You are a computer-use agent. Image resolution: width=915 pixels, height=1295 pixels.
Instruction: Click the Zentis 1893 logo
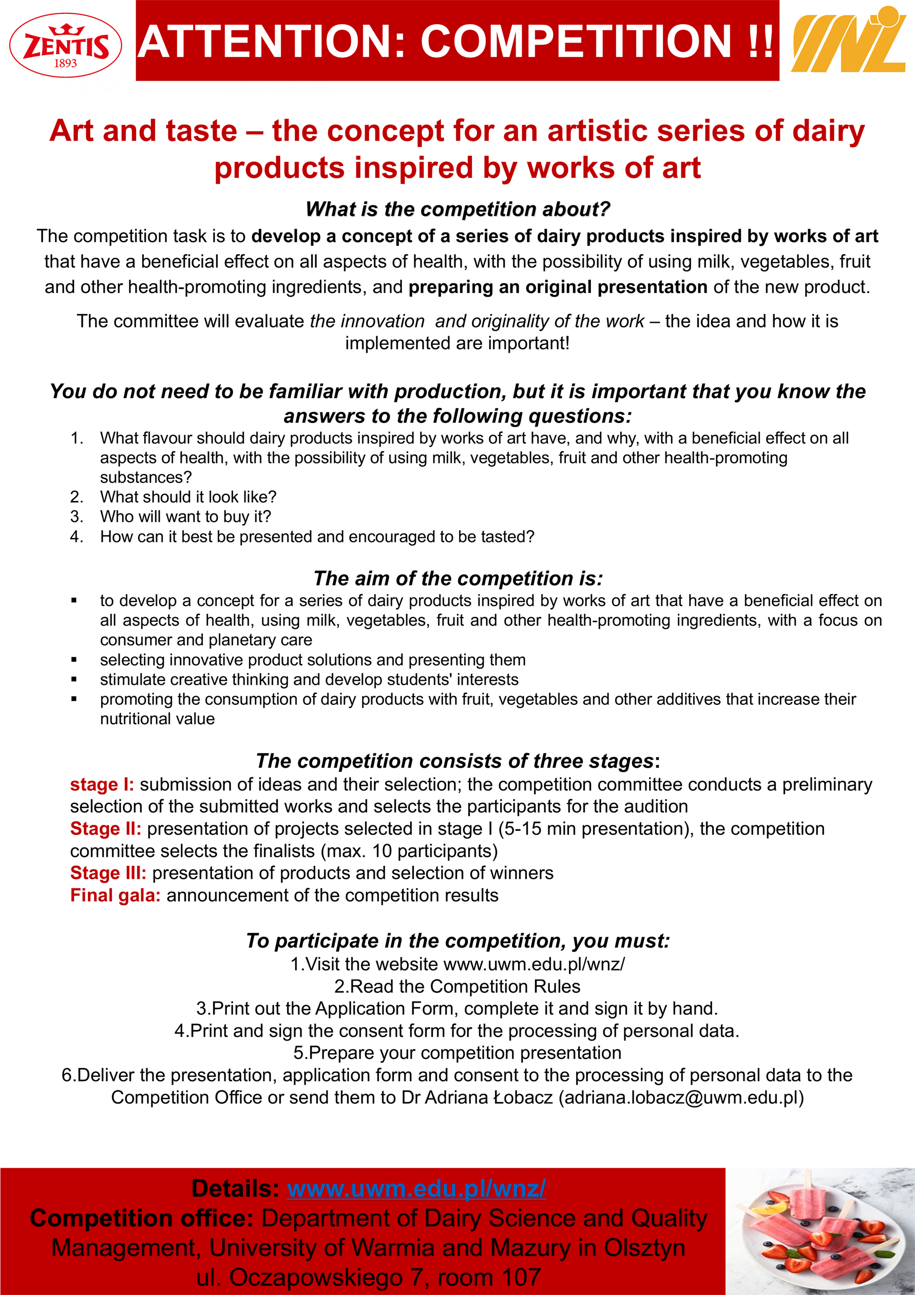pos(65,46)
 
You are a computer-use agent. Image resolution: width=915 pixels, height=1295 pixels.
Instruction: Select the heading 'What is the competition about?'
pos(458,209)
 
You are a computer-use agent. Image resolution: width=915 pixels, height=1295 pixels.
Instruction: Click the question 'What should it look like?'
pos(188,497)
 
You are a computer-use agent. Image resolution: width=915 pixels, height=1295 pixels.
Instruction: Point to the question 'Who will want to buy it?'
pos(185,517)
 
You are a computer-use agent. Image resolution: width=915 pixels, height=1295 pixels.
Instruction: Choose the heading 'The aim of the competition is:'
pos(458,578)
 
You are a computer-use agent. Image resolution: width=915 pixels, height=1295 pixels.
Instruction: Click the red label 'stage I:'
pos(102,785)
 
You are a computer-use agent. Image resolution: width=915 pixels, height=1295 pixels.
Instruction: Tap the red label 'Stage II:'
pos(105,828)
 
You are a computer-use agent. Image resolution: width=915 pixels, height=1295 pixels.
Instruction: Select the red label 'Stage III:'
pos(108,873)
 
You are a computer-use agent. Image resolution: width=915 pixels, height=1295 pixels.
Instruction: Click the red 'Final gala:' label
pos(115,895)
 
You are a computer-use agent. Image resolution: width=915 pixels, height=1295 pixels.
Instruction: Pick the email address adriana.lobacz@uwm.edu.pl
pos(681,1097)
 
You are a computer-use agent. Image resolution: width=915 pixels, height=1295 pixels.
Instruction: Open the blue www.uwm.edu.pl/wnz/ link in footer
pos(416,1188)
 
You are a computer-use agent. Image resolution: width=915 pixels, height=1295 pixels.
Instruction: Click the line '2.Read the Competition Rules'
pos(457,987)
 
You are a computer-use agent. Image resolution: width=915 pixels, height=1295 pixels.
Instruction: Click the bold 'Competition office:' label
pos(142,1219)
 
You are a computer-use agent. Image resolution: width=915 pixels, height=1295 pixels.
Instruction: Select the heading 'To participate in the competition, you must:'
pos(458,941)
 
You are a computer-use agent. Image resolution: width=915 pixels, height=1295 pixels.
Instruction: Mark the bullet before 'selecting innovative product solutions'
pos(74,660)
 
